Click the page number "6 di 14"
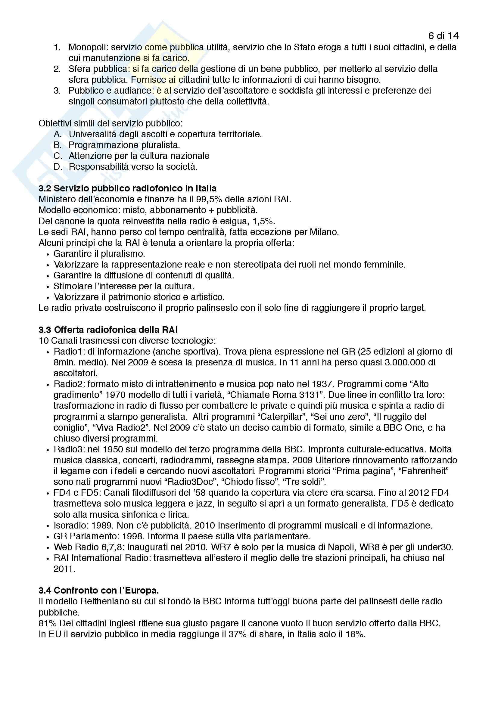pos(443,36)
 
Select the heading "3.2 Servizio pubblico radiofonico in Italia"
pos(128,188)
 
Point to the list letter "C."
pos(58,156)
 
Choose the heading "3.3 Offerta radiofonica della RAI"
pos(108,330)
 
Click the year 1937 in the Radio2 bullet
pos(322,384)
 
